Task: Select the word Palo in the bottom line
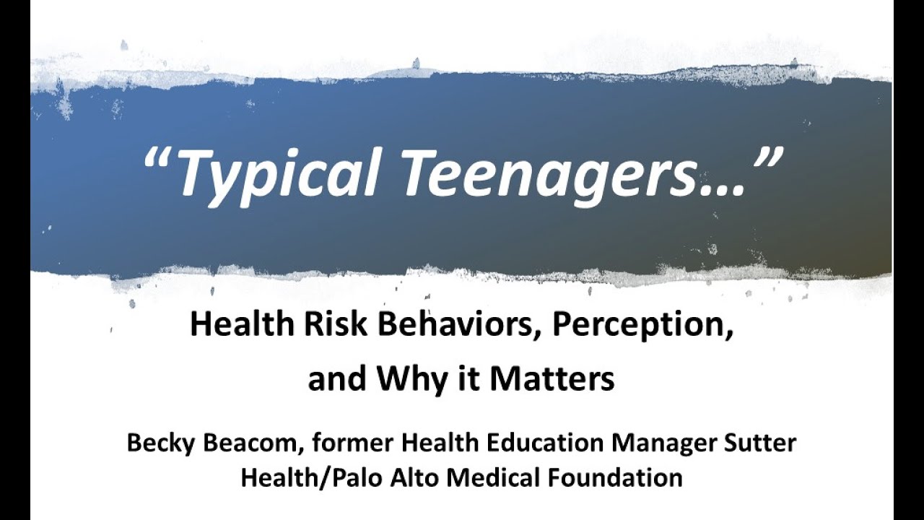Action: [x=359, y=479]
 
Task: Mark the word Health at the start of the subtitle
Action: [x=242, y=324]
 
